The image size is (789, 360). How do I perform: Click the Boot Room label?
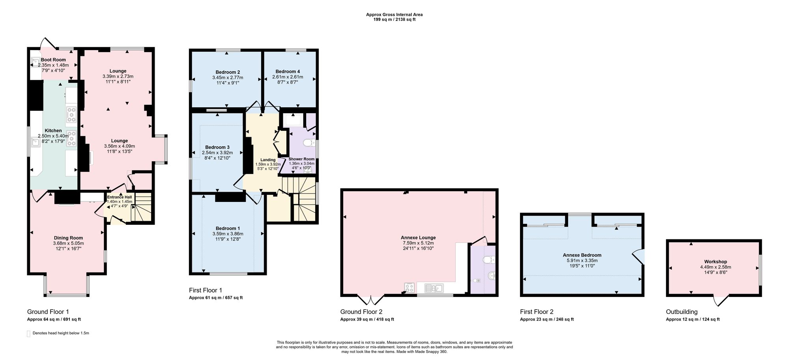[x=53, y=60]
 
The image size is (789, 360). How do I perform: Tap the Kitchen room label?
[x=53, y=131]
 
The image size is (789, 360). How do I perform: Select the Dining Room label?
[x=68, y=238]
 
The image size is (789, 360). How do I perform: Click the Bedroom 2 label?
[x=228, y=72]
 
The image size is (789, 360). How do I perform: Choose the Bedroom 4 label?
[x=288, y=71]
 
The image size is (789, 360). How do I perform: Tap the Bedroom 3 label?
[x=217, y=147]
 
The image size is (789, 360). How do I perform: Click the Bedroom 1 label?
[x=228, y=228]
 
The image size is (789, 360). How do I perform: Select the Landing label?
[x=268, y=160]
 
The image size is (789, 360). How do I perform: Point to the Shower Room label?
[x=302, y=159]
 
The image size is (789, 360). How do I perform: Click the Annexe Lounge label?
[x=418, y=238]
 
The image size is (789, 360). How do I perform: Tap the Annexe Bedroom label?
[x=582, y=255]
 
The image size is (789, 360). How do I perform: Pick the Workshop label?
[x=716, y=261]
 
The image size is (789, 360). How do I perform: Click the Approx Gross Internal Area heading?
[x=394, y=15]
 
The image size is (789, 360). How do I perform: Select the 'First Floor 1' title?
[x=206, y=290]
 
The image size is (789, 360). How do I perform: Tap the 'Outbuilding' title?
[x=682, y=312]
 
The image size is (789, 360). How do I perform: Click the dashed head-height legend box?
[x=28, y=333]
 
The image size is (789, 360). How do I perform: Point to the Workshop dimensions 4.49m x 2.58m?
[x=716, y=267]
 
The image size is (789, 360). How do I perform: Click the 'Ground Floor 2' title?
[x=361, y=312]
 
